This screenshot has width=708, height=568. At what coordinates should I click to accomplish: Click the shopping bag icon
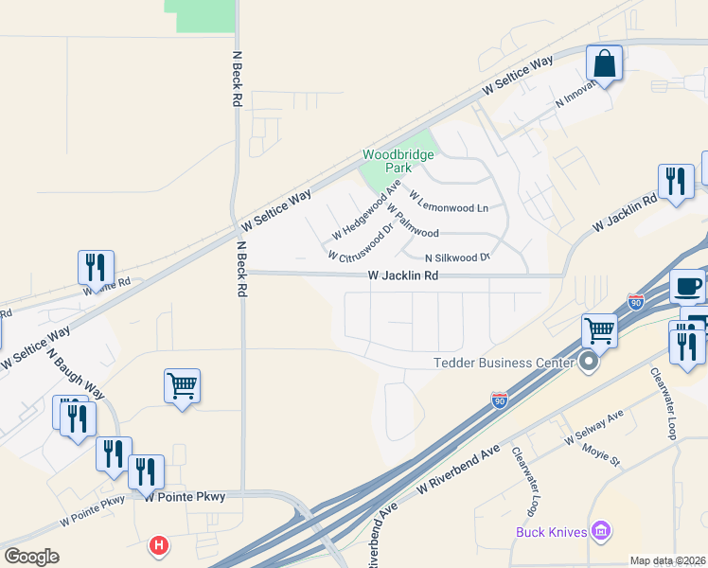[604, 64]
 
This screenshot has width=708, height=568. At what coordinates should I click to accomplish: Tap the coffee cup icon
[688, 285]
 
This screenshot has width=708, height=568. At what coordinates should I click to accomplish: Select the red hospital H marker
[160, 546]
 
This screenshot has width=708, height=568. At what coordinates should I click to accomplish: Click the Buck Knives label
[548, 531]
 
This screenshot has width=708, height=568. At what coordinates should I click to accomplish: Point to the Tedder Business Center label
[503, 363]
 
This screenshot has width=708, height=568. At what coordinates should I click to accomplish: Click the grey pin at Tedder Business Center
[589, 362]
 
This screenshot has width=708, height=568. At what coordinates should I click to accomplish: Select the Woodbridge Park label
[398, 161]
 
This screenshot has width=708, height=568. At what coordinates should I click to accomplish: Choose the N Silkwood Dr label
[458, 257]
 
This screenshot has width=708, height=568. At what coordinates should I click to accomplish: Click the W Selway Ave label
[594, 428]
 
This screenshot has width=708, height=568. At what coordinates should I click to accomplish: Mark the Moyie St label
[600, 455]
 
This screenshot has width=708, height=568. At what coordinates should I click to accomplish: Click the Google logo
[32, 557]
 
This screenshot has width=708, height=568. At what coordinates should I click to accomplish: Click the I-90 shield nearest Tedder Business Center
[501, 400]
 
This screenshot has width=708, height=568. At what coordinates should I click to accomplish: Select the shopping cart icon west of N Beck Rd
[182, 386]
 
